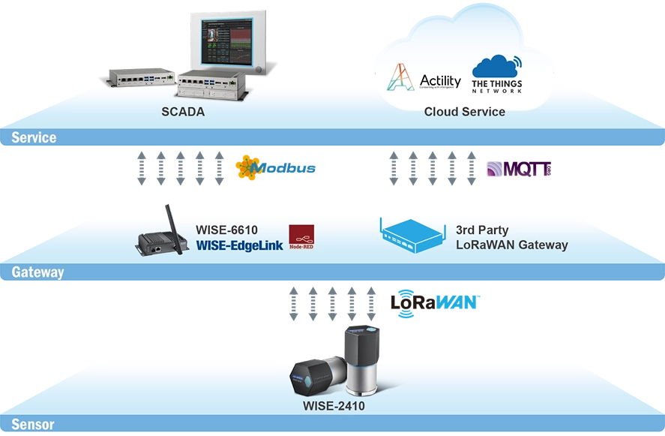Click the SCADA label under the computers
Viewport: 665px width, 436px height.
pyautogui.click(x=183, y=112)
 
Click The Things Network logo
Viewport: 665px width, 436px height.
pyautogui.click(x=496, y=74)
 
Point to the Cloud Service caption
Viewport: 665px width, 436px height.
pyautogui.click(x=464, y=112)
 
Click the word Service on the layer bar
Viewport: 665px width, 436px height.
pyautogui.click(x=34, y=138)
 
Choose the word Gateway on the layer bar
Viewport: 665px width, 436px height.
pyautogui.click(x=37, y=272)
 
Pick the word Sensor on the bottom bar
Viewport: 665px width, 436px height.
pyautogui.click(x=33, y=425)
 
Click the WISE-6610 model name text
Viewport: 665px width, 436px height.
pyautogui.click(x=226, y=230)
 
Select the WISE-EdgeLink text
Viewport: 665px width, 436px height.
pyautogui.click(x=237, y=245)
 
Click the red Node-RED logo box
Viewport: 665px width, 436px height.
pyautogui.click(x=301, y=237)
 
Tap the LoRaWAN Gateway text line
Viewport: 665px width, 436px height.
pyautogui.click(x=512, y=245)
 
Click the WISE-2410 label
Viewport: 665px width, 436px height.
pyautogui.click(x=334, y=407)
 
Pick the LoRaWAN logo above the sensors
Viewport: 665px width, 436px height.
pyautogui.click(x=439, y=302)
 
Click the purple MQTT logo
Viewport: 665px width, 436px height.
pyautogui.click(x=518, y=168)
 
